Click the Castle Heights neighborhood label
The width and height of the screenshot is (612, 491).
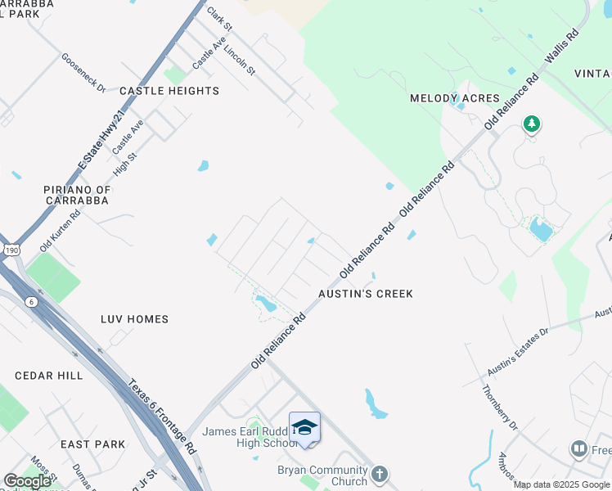[169, 91]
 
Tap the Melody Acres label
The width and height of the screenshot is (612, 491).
[454, 98]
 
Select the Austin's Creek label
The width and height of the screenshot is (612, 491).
[366, 294]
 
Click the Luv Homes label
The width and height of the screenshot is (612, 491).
[134, 319]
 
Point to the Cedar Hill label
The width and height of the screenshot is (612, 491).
[49, 376]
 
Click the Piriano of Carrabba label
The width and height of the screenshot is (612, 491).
[76, 196]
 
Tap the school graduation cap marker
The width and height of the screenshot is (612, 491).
[304, 427]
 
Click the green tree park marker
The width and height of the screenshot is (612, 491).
[532, 124]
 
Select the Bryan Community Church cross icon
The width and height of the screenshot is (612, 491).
[379, 473]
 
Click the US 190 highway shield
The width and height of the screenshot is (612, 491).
[11, 250]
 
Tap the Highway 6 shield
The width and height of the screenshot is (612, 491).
[31, 302]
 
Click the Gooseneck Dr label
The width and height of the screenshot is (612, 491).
[83, 73]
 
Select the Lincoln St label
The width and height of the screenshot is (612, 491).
[240, 59]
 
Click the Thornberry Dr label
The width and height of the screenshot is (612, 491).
[501, 408]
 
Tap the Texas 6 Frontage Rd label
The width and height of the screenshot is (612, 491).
[163, 417]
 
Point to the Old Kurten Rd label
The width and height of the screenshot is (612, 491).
[61, 231]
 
